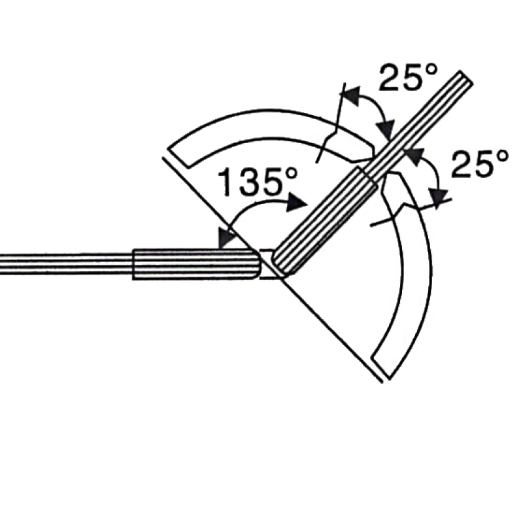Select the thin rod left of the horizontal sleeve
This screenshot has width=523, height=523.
coord(65,261)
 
